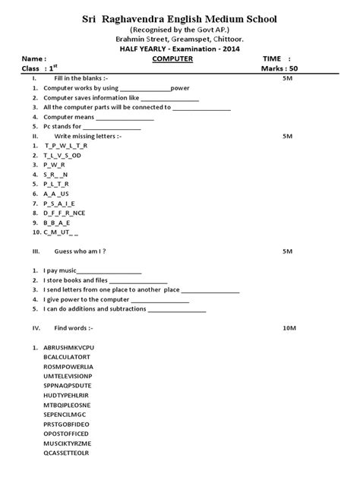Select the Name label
(x=34, y=58)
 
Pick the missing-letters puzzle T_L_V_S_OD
(x=62, y=154)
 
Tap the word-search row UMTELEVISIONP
(x=68, y=375)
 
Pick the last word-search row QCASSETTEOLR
(x=67, y=453)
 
